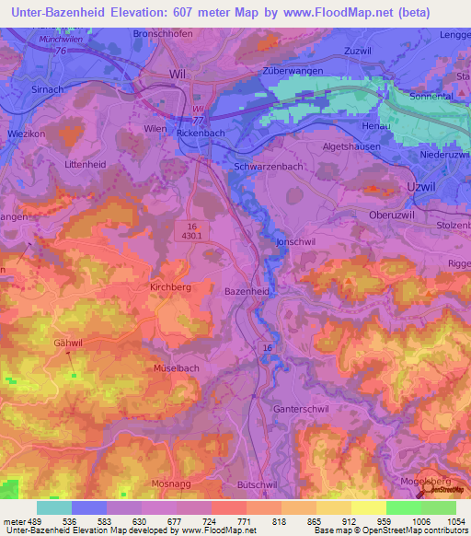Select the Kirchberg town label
(x=169, y=287)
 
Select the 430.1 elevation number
(x=191, y=237)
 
